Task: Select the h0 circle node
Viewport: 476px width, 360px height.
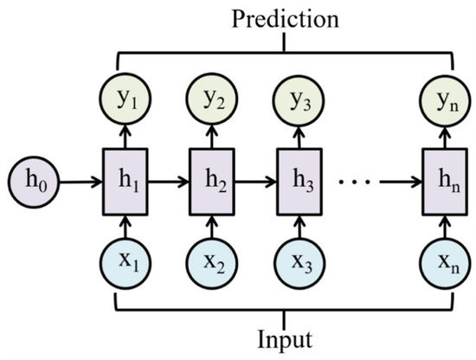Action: point(29,183)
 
